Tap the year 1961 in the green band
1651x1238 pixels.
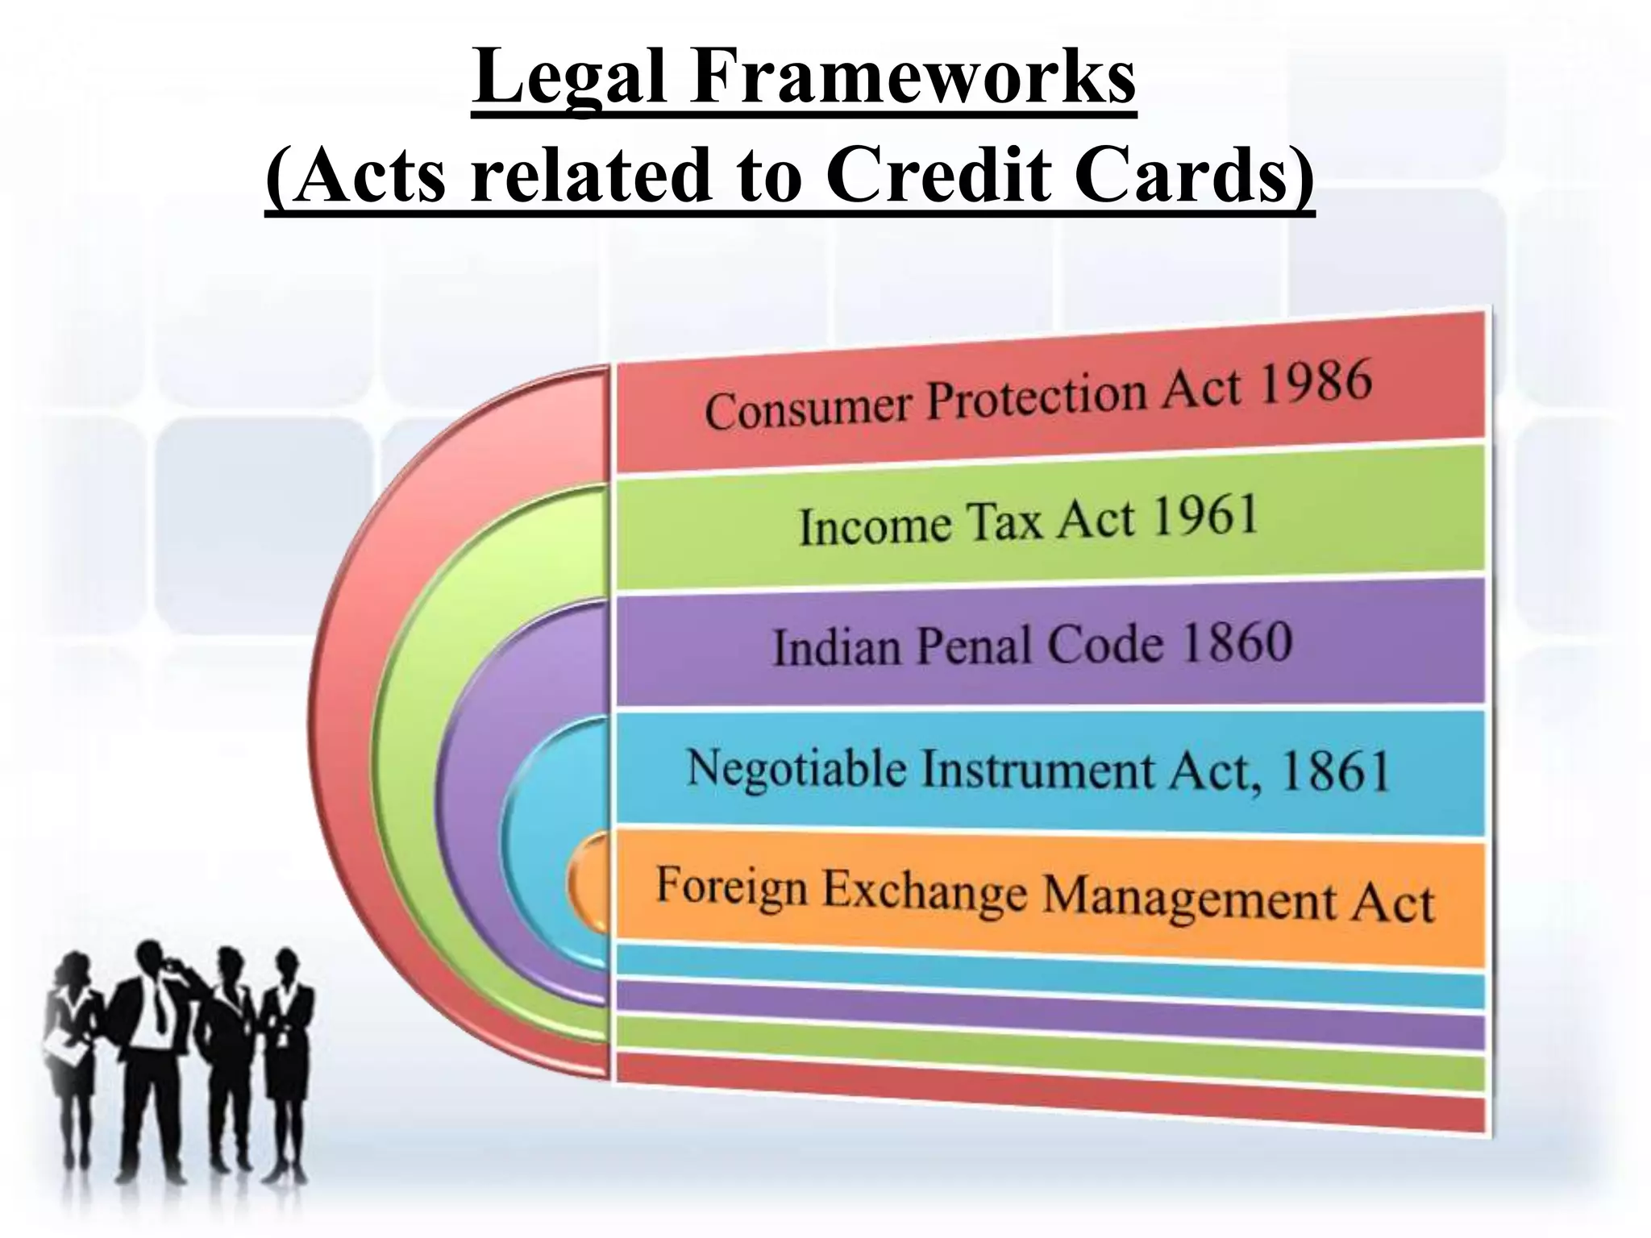pyautogui.click(x=1205, y=516)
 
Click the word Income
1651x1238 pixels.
pyautogui.click(x=875, y=527)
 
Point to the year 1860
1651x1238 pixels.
pyautogui.click(x=1237, y=643)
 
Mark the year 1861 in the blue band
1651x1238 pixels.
pyautogui.click(x=1334, y=771)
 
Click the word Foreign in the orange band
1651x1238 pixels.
pyautogui.click(x=731, y=887)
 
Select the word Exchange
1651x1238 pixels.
pyautogui.click(x=923, y=891)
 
